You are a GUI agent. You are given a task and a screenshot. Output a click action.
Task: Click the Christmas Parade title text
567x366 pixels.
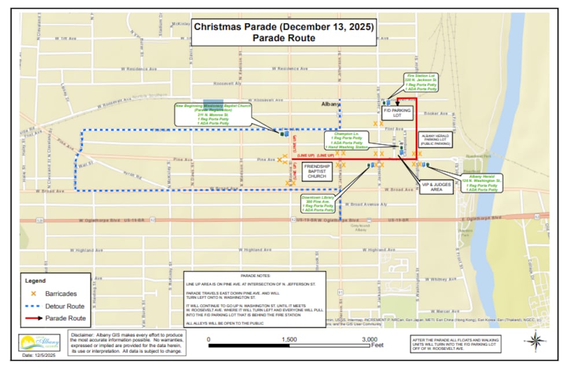(x=283, y=27)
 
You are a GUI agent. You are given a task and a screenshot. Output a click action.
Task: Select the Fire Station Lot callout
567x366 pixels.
(x=420, y=83)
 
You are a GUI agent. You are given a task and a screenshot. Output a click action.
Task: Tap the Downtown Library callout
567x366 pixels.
(x=318, y=203)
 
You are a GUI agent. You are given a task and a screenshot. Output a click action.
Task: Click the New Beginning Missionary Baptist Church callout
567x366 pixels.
(x=213, y=115)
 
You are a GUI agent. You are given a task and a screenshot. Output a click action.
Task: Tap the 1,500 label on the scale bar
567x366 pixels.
(x=289, y=339)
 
